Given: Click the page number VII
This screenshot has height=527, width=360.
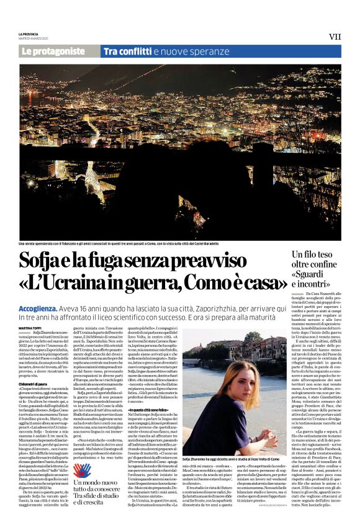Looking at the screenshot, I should [x=335, y=37].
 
